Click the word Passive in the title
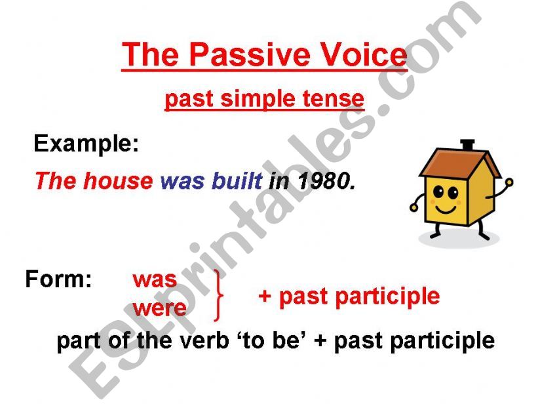[250, 54]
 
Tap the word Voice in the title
[363, 54]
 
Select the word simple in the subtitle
[258, 100]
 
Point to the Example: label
[86, 144]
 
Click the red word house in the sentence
[118, 181]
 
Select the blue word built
[237, 181]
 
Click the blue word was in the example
[182, 183]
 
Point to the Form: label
[59, 279]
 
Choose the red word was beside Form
[155, 281]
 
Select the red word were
[159, 308]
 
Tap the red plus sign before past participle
[265, 296]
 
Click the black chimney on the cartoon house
[467, 144]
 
